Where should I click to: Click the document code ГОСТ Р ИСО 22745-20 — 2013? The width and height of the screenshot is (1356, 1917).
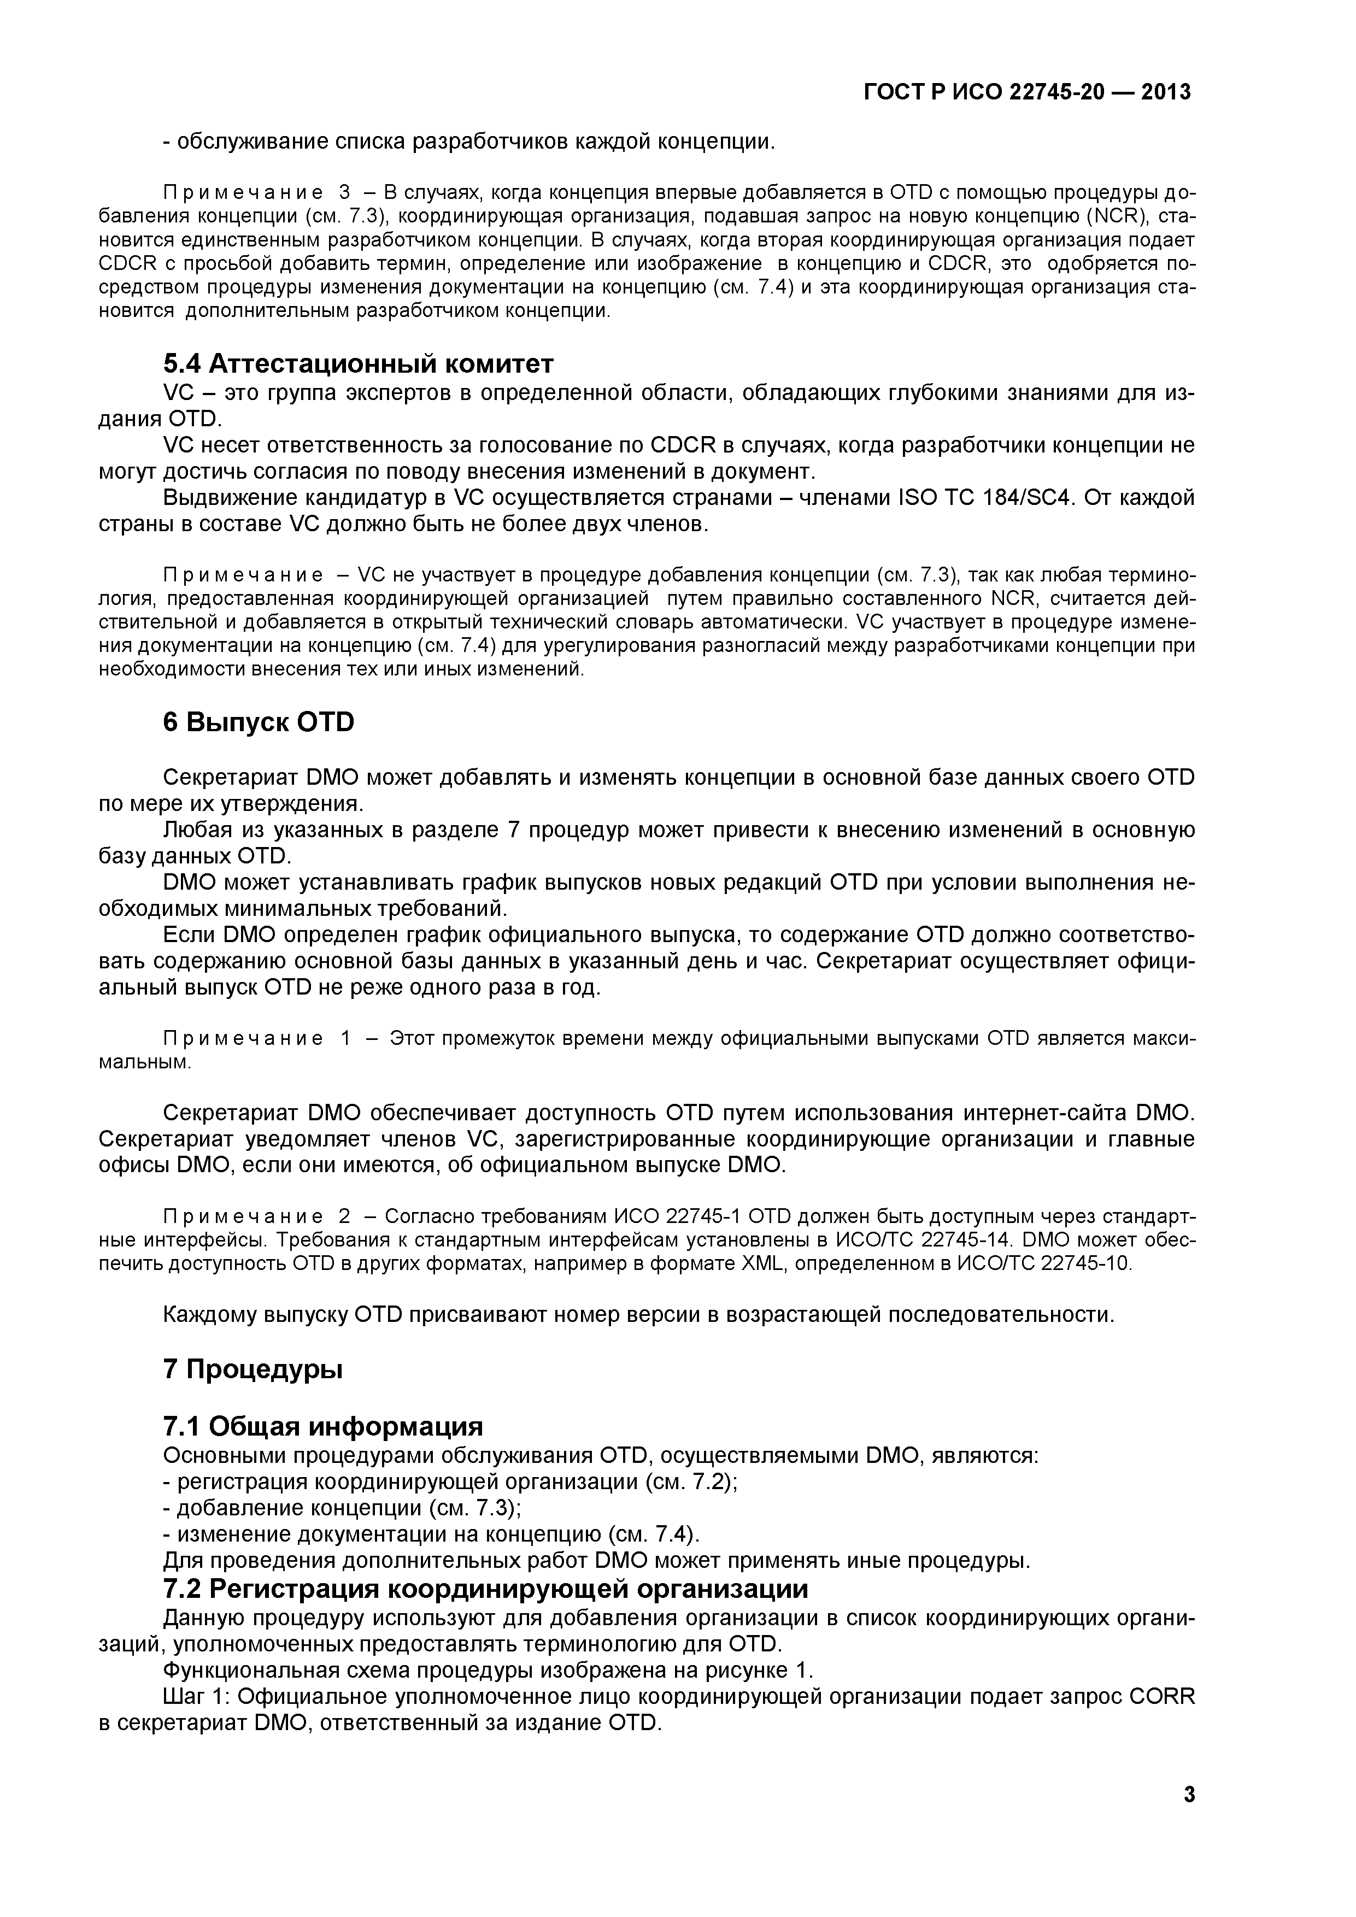coord(1026,92)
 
